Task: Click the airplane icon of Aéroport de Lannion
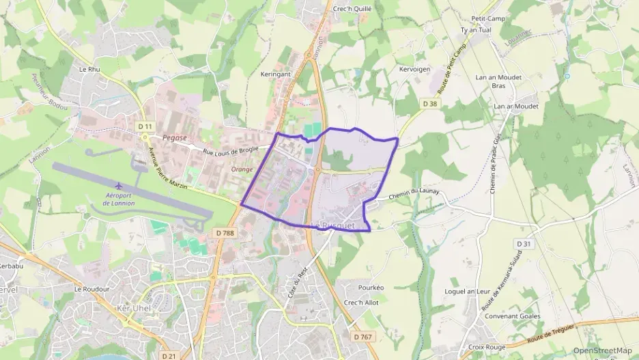click(x=119, y=186)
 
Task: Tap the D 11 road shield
click(x=145, y=126)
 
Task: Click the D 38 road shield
click(x=429, y=103)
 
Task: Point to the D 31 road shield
click(x=524, y=244)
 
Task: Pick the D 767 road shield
click(x=364, y=337)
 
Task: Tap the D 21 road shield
click(x=169, y=356)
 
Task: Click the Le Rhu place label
click(x=89, y=69)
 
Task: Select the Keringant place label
click(x=275, y=74)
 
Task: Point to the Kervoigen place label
click(x=414, y=70)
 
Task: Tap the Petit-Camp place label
click(x=487, y=18)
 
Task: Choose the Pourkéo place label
click(x=370, y=288)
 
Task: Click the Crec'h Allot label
click(x=361, y=303)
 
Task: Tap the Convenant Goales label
click(x=512, y=316)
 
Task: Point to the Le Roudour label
click(x=92, y=289)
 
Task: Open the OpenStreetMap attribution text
click(x=602, y=350)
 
